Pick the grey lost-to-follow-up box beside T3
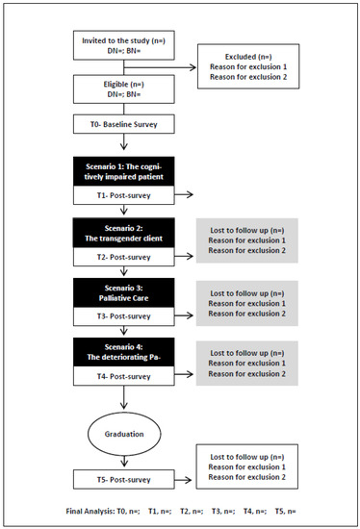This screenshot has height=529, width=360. tap(257, 302)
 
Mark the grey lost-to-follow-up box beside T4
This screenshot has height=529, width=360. tap(257, 361)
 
